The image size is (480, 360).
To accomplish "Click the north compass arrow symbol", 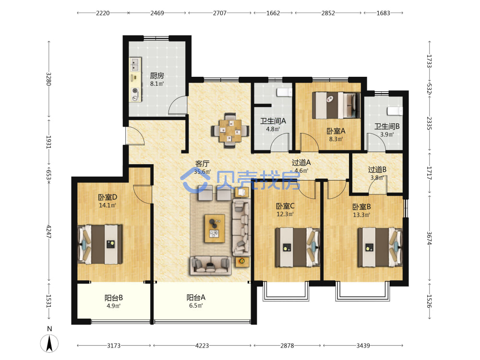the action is pyautogui.click(x=49, y=343).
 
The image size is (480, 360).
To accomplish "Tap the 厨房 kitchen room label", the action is pyautogui.click(x=157, y=75).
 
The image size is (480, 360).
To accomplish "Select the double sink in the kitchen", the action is pyautogui.click(x=135, y=65).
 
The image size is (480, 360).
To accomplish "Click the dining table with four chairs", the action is pyautogui.click(x=230, y=131).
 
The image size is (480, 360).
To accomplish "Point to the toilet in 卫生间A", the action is pyautogui.click(x=284, y=92).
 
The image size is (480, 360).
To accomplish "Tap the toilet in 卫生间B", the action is pyautogui.click(x=395, y=111).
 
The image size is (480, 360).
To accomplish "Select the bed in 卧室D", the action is pyautogui.click(x=100, y=244).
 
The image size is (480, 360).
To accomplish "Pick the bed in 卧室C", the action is pyautogui.click(x=298, y=247).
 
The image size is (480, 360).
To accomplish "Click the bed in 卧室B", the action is pyautogui.click(x=380, y=247).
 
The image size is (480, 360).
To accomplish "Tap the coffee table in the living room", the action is pyautogui.click(x=215, y=228).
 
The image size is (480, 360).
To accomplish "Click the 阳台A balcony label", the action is pyautogui.click(x=196, y=297).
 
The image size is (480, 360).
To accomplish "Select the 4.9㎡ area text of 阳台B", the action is pyautogui.click(x=113, y=306).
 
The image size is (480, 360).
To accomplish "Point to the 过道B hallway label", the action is pyautogui.click(x=377, y=169).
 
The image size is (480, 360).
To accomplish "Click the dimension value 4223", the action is pyautogui.click(x=202, y=346).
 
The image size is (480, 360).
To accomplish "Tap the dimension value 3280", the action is pyautogui.click(x=48, y=79).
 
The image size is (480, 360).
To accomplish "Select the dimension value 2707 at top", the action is pyautogui.click(x=220, y=13).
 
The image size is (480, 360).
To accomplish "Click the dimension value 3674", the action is pyautogui.click(x=429, y=238).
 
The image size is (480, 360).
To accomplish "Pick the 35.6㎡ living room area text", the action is pyautogui.click(x=203, y=172).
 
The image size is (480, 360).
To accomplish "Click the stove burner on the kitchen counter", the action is pyautogui.click(x=135, y=91).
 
